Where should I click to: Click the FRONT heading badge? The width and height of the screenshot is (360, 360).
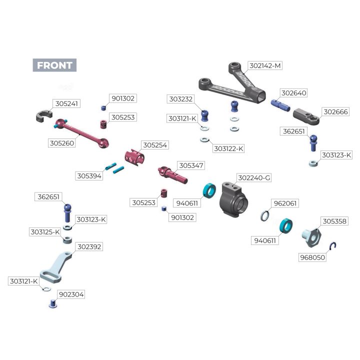pos(54,65)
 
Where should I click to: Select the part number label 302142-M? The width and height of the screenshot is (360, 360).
pos(265,65)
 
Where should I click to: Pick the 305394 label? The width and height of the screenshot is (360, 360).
pos(89,176)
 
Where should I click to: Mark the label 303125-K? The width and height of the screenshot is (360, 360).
pos(45,232)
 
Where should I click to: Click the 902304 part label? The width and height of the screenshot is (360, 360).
pos(71,294)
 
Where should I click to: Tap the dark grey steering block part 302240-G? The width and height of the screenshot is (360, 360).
pos(234,199)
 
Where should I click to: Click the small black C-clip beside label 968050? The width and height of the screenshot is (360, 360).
pos(336,245)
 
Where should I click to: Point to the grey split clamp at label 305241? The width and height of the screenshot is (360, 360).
pos(44,117)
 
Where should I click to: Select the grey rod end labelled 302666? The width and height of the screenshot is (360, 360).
pos(306,117)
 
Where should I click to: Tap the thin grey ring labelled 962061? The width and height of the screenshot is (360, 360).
pos(265,215)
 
